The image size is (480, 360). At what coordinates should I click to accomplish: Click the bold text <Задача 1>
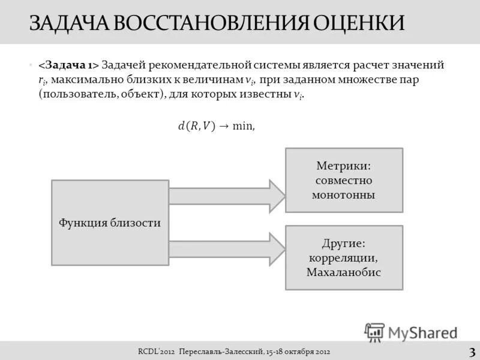click(68, 65)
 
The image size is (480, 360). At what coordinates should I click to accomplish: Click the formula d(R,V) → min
click(217, 125)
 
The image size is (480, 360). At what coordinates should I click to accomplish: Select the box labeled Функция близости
click(110, 223)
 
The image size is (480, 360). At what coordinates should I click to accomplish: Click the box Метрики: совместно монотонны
click(344, 180)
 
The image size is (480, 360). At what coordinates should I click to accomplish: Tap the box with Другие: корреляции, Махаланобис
click(344, 257)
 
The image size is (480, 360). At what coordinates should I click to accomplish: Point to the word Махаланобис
click(344, 272)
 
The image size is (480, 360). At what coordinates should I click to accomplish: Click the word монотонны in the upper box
click(344, 195)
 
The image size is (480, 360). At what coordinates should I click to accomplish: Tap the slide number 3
click(472, 351)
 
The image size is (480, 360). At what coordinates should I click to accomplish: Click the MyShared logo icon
click(375, 332)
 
